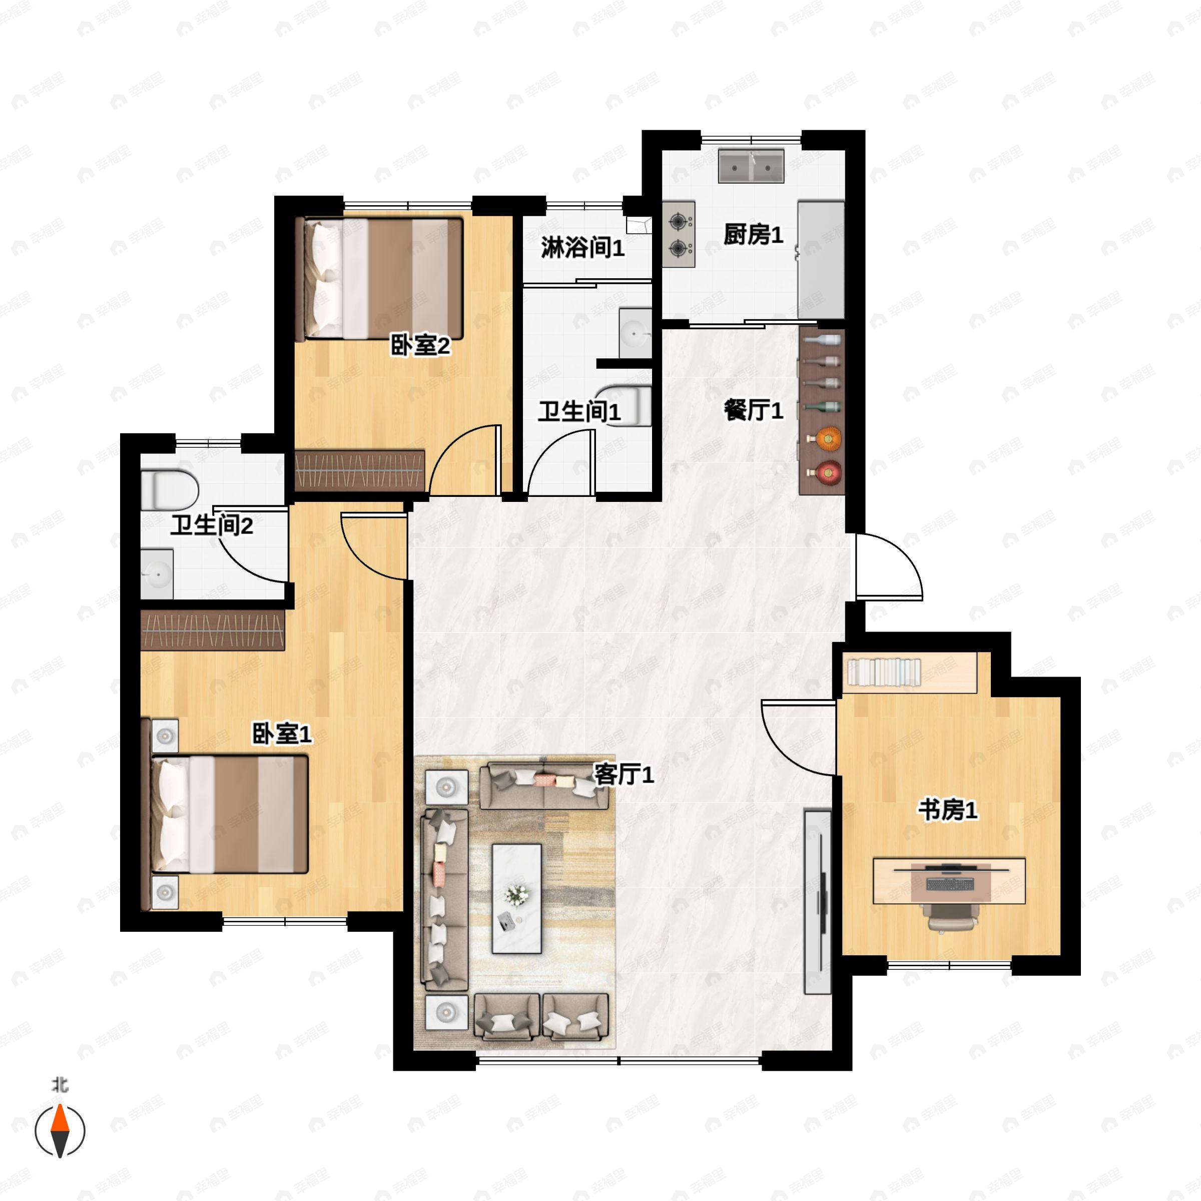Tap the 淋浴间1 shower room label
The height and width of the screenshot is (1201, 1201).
(x=582, y=248)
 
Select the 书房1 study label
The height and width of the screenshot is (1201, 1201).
(x=948, y=810)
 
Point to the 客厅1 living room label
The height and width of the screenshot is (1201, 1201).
(x=624, y=775)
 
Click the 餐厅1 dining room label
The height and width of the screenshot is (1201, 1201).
(x=754, y=410)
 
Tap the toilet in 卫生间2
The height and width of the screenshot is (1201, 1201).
(x=169, y=490)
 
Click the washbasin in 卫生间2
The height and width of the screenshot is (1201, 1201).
(x=157, y=574)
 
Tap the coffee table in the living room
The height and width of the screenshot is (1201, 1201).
(x=516, y=898)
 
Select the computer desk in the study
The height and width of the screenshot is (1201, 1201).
(x=949, y=881)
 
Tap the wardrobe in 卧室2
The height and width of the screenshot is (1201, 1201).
(x=359, y=470)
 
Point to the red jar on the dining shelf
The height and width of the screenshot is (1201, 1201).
(x=826, y=472)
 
